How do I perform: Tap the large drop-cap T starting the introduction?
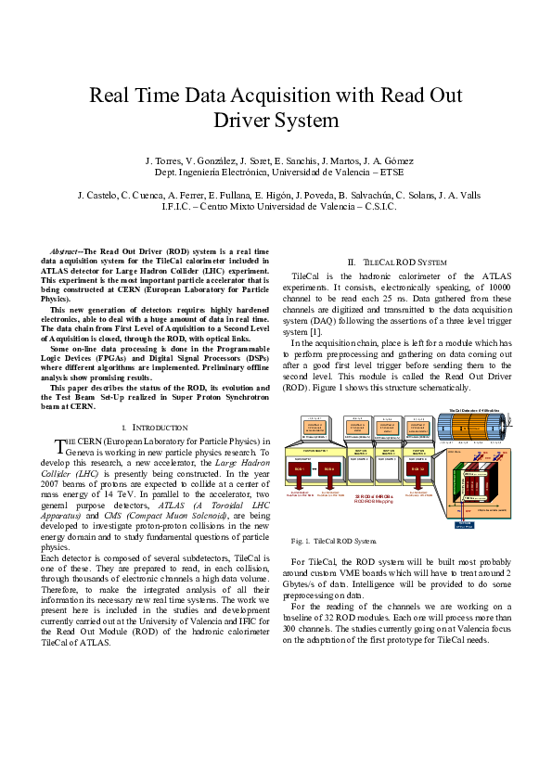[x=60, y=446]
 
